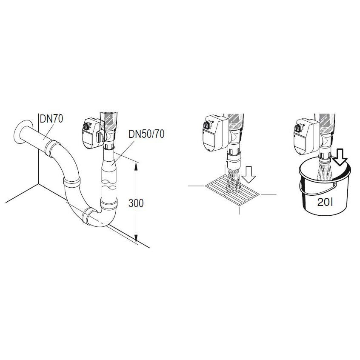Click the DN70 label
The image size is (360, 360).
51,119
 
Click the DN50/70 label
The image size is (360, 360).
146,134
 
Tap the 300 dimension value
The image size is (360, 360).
136,203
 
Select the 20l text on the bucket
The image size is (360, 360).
325,202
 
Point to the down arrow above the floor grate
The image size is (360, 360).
249,175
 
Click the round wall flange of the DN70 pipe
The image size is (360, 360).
21,131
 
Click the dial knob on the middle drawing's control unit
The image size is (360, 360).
207,125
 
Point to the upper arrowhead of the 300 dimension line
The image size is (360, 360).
136,166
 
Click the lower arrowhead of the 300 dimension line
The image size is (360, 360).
136,239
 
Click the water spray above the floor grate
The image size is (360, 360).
234,180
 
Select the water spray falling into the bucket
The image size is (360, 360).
325,171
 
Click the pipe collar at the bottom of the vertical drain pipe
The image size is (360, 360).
109,203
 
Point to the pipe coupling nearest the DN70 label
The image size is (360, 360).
52,149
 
